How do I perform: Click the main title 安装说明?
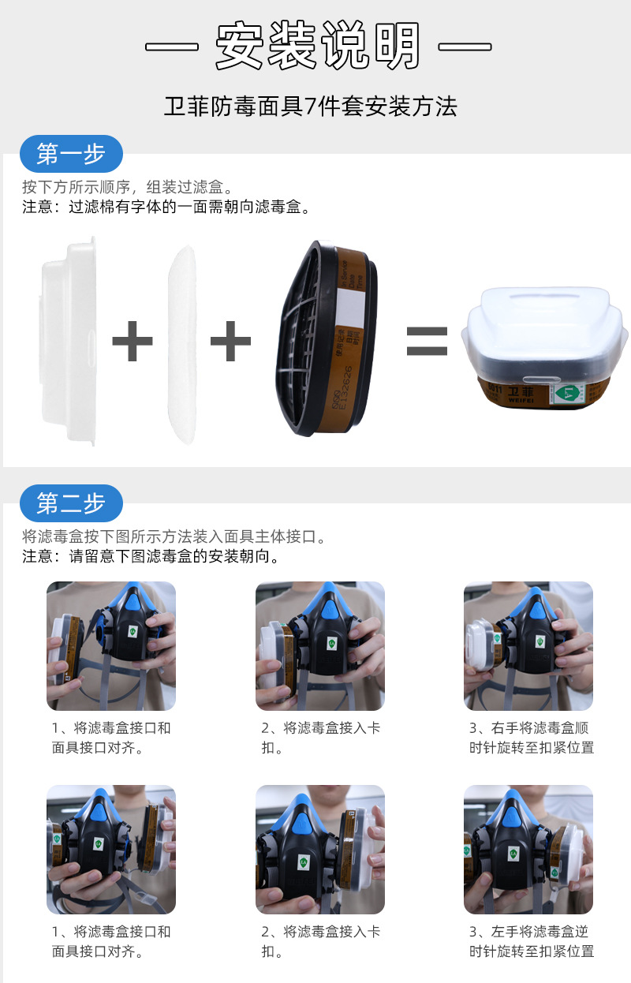(318, 46)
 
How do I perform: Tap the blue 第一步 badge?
(71, 154)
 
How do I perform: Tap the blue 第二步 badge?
(71, 503)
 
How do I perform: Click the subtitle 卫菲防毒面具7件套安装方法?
(311, 107)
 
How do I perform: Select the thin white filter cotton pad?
(182, 344)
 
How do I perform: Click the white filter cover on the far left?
(70, 341)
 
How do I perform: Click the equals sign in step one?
(427, 342)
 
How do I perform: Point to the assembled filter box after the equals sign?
(544, 347)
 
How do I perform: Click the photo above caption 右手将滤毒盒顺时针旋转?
(528, 646)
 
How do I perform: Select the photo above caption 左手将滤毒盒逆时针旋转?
(528, 850)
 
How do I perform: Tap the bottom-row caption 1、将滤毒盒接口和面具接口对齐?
(111, 941)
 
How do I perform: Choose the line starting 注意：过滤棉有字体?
(166, 208)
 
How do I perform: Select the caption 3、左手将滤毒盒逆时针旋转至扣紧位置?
(532, 941)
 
